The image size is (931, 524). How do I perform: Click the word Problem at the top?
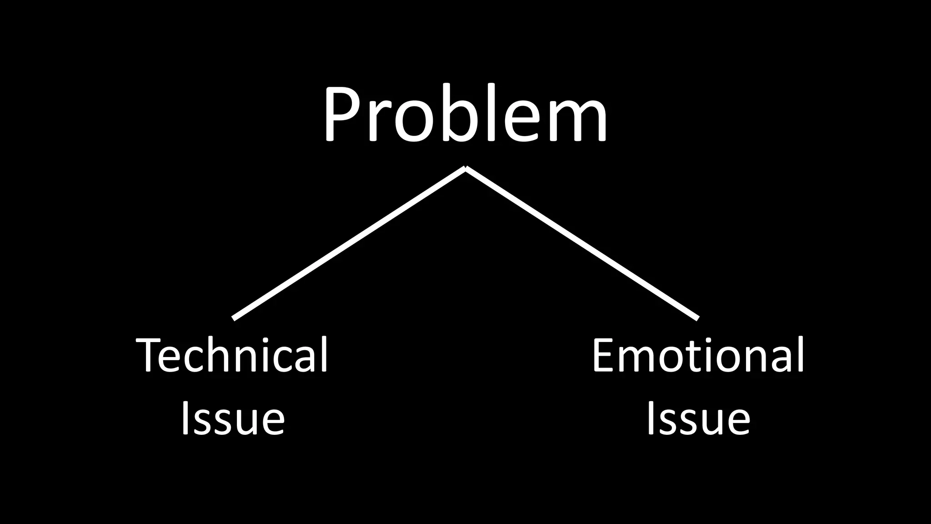pyautogui.click(x=465, y=114)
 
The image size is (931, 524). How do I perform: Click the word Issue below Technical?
pyautogui.click(x=233, y=418)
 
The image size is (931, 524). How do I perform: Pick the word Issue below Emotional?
pyautogui.click(x=698, y=418)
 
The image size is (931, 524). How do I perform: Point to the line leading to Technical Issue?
pyautogui.click(x=349, y=243)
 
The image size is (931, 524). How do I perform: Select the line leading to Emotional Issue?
pyautogui.click(x=582, y=243)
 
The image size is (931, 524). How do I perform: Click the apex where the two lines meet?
pyautogui.click(x=465, y=168)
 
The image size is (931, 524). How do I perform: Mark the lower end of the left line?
pyautogui.click(x=234, y=318)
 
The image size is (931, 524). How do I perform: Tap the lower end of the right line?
pyautogui.click(x=697, y=318)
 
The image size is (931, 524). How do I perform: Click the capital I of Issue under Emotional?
pyautogui.click(x=651, y=418)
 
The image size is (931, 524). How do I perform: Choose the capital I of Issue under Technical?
pyautogui.click(x=185, y=418)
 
